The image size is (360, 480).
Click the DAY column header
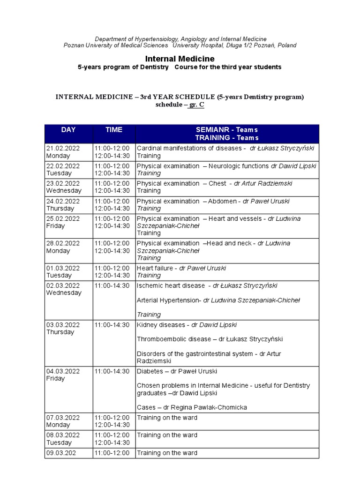(68, 130)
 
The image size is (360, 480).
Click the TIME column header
(114, 130)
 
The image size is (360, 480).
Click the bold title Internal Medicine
(180, 59)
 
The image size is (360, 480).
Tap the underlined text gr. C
(196, 105)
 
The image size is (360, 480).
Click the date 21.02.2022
(63, 148)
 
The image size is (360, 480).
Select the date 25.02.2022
(63, 218)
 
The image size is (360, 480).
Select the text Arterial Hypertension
(169, 300)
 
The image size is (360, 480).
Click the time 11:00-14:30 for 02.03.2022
(112, 285)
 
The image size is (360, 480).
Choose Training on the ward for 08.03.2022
(167, 435)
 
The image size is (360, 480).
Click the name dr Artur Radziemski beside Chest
(264, 183)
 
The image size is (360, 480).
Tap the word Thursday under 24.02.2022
(60, 208)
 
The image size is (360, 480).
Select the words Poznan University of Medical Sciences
(116, 45)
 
